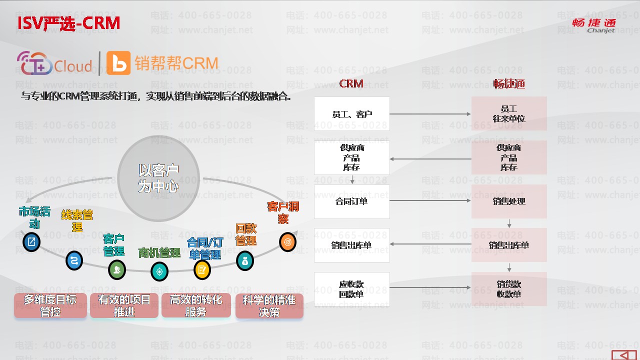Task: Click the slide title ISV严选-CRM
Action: pos(69,23)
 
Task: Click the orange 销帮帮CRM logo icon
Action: pos(118,63)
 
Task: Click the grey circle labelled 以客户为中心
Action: pos(158,178)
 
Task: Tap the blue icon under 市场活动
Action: pos(31,242)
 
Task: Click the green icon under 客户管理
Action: pos(117,270)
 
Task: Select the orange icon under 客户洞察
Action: pos(287,242)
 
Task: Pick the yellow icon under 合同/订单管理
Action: pos(202,270)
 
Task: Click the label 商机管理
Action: pos(159,253)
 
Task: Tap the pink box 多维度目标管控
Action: pos(50,305)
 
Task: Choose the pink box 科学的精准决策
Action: pos(269,305)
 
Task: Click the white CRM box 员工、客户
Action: pos(352,114)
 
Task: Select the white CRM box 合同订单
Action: pos(352,201)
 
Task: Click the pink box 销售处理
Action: pos(509,201)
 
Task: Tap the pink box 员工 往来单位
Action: pos(509,114)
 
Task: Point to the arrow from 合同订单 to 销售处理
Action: pos(430,201)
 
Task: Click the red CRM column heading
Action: pos(351,83)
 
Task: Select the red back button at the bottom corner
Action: pos(624,354)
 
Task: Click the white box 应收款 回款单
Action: pos(352,289)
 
